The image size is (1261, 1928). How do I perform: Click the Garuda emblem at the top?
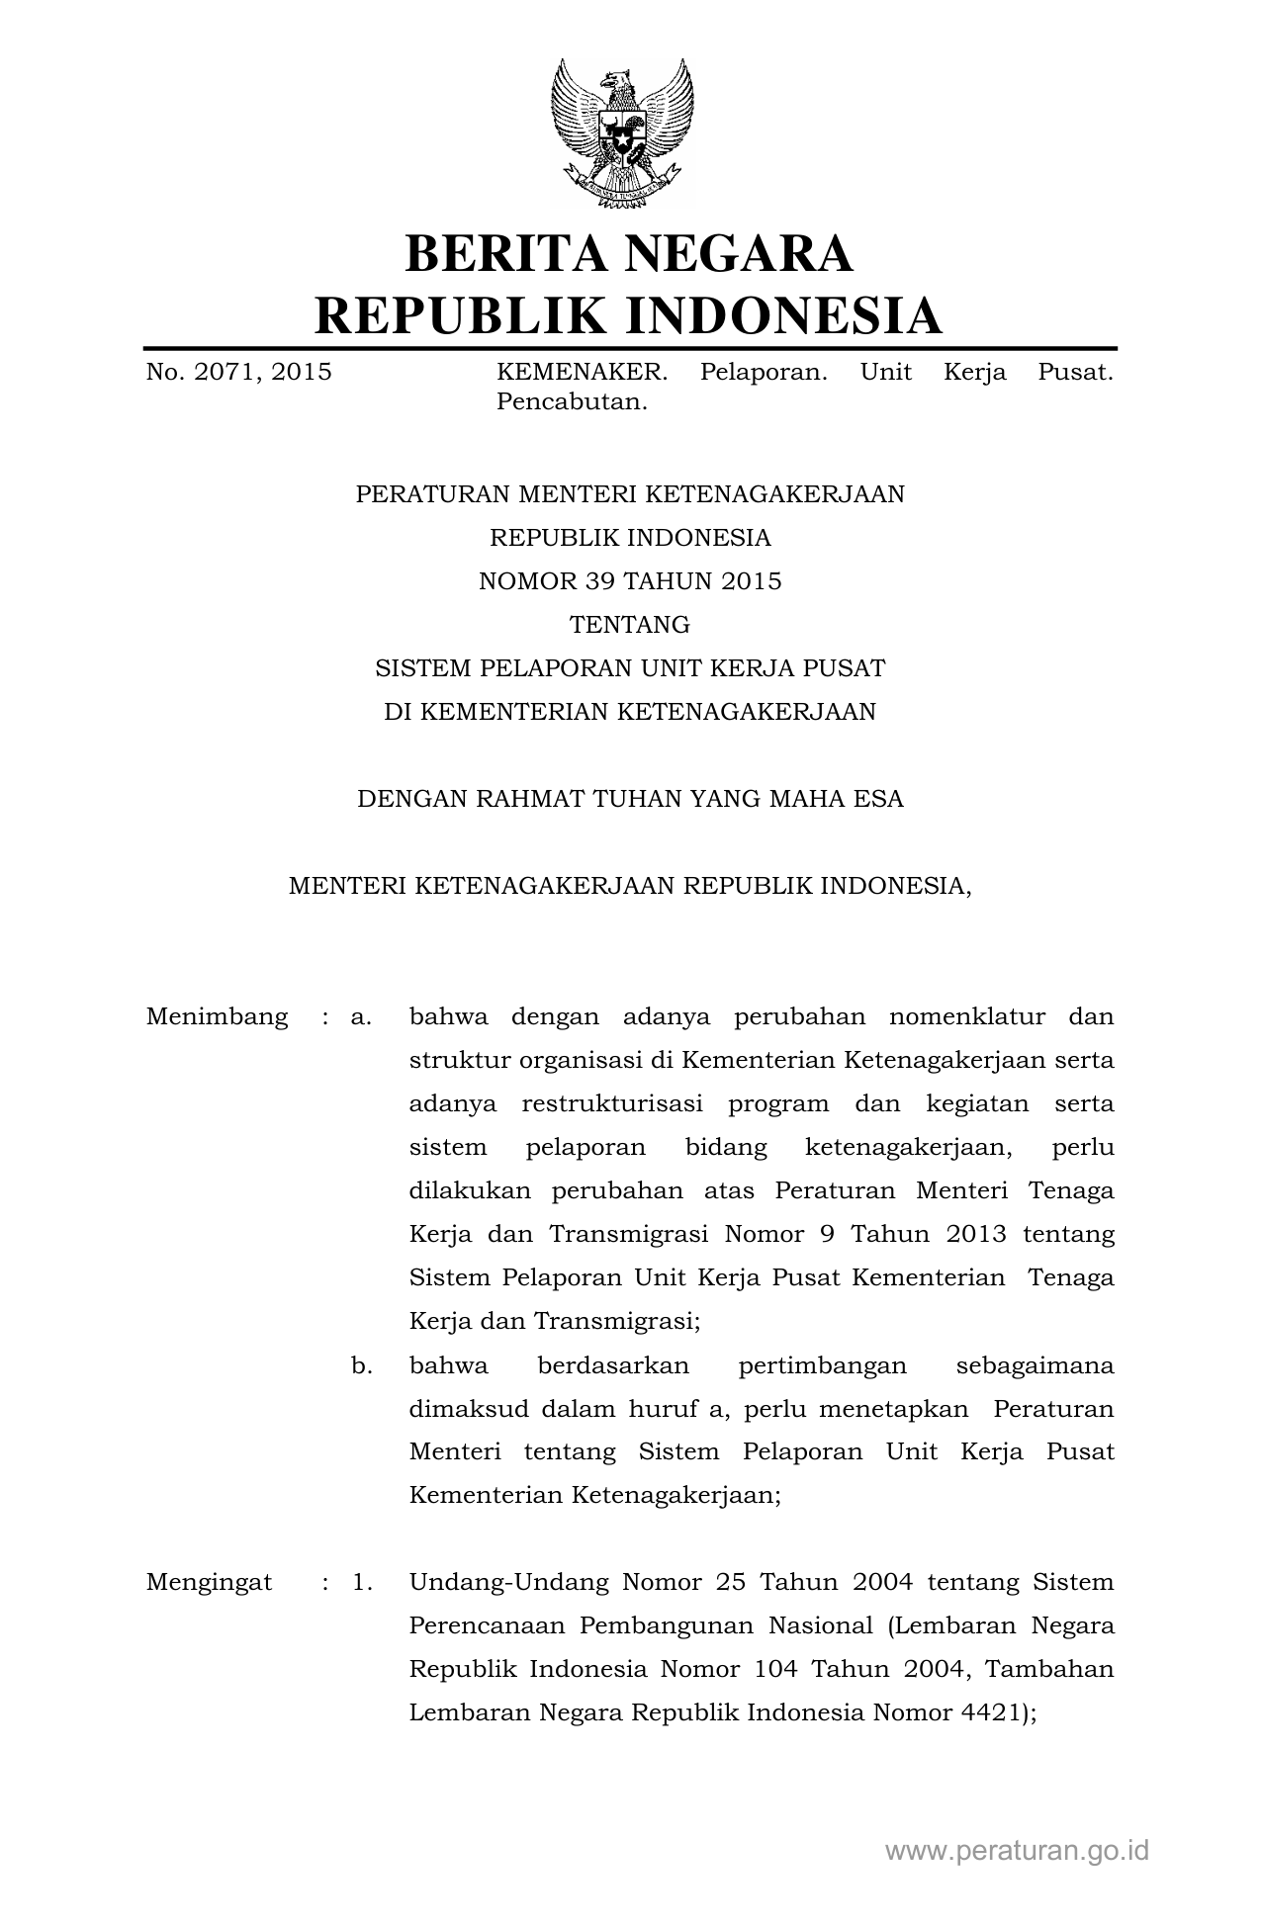click(622, 133)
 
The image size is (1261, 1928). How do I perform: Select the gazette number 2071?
click(217, 373)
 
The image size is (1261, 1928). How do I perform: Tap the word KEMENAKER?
click(582, 373)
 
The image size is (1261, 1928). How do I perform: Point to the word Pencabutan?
click(572, 402)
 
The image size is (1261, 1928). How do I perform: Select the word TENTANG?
click(630, 625)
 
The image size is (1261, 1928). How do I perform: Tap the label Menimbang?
click(217, 1016)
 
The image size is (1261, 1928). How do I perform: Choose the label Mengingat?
click(209, 1582)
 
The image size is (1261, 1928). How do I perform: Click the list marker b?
click(361, 1365)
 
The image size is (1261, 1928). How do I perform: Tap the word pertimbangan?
click(822, 1365)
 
